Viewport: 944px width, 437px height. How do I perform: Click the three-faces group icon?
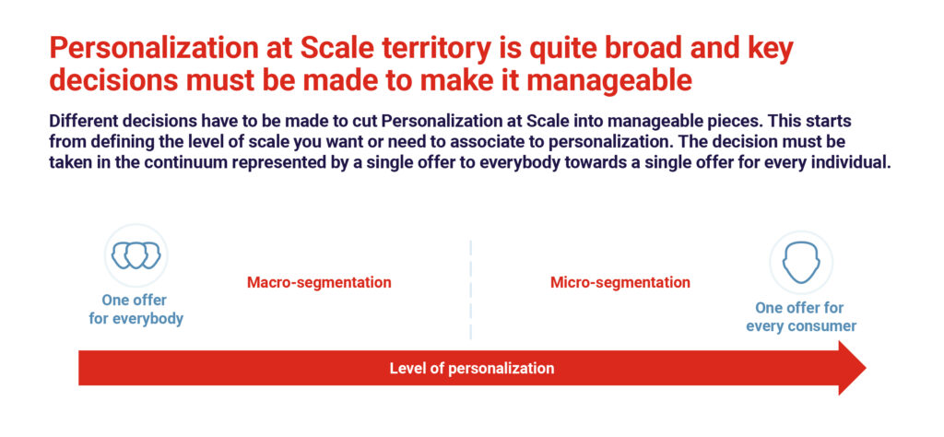136,255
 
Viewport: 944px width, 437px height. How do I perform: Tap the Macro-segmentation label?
319,282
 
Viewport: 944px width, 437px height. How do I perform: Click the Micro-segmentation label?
620,282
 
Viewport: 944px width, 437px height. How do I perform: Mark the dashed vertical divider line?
471,289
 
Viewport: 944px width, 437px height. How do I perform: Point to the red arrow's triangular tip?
866,368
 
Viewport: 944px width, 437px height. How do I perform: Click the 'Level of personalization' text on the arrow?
471,369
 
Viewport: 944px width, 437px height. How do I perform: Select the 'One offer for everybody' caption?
136,310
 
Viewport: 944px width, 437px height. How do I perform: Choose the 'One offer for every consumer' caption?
801,317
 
